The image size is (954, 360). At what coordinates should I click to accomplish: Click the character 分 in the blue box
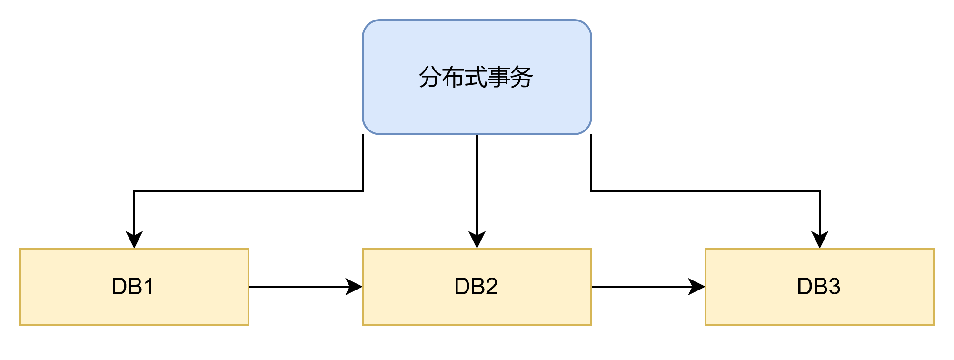[430, 77]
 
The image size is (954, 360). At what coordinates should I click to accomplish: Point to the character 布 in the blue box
[453, 77]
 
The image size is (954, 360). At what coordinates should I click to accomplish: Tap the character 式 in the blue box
[476, 77]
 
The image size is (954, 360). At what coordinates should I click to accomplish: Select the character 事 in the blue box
[498, 77]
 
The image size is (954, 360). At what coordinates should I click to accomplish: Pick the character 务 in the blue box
[521, 77]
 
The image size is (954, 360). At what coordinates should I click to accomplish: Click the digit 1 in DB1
[149, 287]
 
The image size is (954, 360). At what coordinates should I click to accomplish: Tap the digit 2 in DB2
[490, 287]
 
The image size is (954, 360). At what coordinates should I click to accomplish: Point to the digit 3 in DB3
[833, 287]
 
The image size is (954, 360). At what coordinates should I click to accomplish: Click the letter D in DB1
[119, 287]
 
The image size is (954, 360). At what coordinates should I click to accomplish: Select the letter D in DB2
[462, 287]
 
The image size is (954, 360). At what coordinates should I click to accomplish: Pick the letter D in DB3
[805, 287]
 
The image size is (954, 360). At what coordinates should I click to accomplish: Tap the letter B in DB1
[134, 287]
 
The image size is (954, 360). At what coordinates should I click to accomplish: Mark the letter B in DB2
[476, 287]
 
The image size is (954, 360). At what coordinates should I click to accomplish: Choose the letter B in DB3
[819, 287]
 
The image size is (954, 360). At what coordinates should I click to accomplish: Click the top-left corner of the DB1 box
[20, 249]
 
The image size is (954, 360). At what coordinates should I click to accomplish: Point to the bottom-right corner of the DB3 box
[934, 325]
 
